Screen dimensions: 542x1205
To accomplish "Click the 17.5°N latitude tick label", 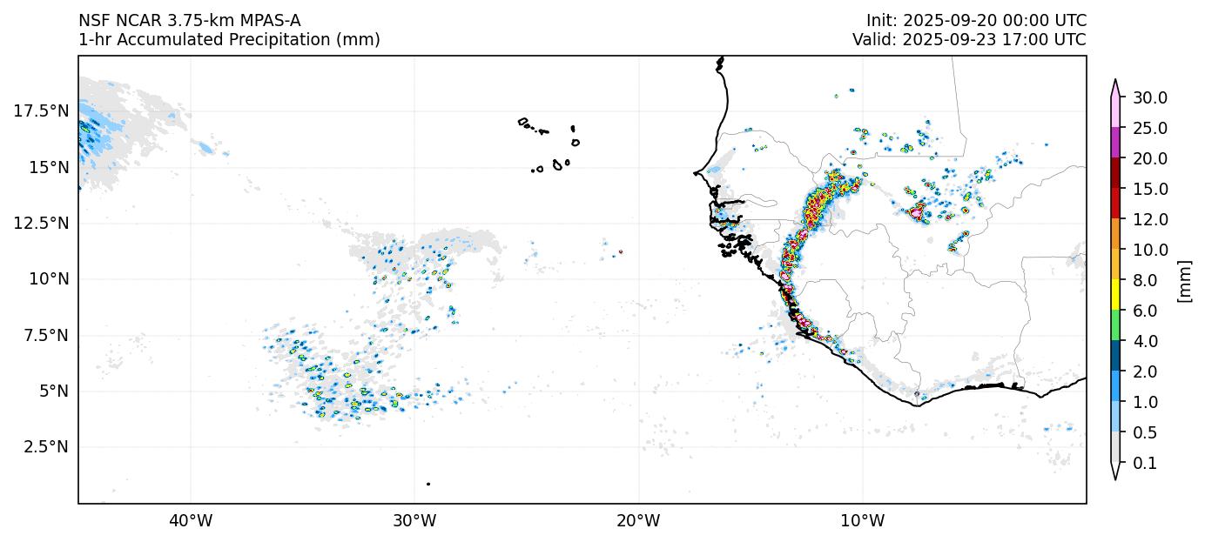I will (x=41, y=110).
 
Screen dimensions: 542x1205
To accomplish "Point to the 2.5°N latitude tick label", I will (x=44, y=446).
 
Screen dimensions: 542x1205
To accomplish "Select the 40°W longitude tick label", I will (x=190, y=521).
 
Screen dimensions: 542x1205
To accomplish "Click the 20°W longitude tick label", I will (x=638, y=521).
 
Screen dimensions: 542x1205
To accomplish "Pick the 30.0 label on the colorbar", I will (x=1149, y=97).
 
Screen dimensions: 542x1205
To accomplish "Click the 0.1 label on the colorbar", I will (x=1146, y=464).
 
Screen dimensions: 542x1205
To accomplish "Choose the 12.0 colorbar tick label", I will (x=1149, y=219).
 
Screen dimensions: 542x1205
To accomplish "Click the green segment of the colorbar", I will (x=1114, y=325).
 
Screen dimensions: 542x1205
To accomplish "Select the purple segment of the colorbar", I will (x=1114, y=143).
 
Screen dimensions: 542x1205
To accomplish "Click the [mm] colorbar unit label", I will (x=1183, y=280).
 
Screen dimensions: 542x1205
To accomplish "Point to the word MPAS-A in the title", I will (x=273, y=21).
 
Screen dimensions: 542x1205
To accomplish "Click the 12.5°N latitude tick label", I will (x=41, y=223).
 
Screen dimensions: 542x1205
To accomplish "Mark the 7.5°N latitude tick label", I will (x=44, y=335).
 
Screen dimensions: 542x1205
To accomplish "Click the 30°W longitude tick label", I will (x=414, y=521).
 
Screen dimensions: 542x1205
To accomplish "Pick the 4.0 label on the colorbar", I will (x=1146, y=341).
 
